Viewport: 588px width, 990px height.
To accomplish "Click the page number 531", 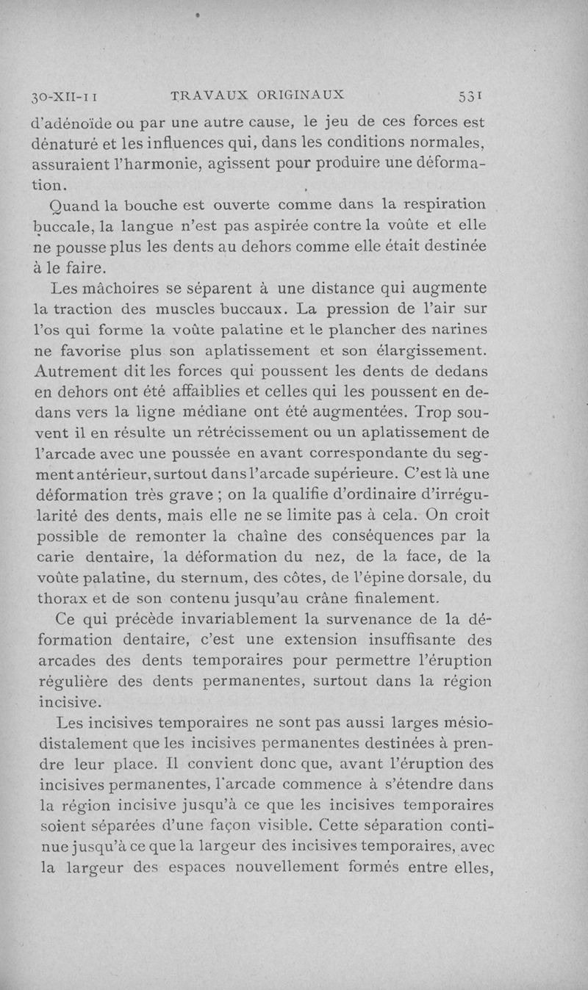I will pyautogui.click(x=469, y=95).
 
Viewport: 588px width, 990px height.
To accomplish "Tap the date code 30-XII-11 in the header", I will pyautogui.click(x=64, y=96).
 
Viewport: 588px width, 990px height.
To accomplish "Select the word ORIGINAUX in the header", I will pyautogui.click(x=301, y=95).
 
